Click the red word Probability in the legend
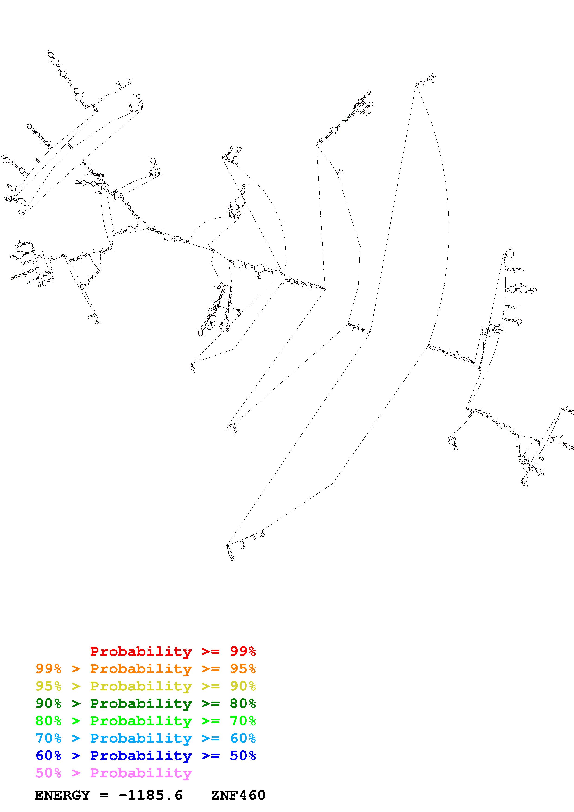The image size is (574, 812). point(141,651)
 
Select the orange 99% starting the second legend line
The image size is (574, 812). point(48,669)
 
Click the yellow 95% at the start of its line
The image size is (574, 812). point(48,686)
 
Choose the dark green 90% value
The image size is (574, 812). point(48,703)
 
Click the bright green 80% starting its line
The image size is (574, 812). point(48,721)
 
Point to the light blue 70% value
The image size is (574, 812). point(48,738)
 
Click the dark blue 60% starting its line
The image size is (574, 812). point(48,756)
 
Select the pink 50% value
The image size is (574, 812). point(48,773)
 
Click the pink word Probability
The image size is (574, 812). point(141,773)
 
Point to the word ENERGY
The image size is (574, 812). point(62,795)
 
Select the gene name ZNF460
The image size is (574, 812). point(238,795)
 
